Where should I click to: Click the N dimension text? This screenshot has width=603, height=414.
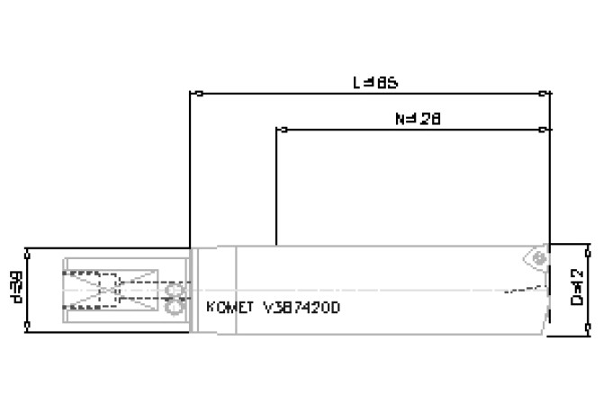coord(418,118)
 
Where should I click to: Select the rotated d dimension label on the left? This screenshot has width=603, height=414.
coord(17,286)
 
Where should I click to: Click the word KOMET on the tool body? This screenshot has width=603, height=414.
coord(228,307)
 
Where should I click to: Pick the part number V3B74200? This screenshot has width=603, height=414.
coord(302,307)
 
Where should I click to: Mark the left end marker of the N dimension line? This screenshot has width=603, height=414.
coord(278,130)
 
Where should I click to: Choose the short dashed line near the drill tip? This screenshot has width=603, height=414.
coord(521,290)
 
